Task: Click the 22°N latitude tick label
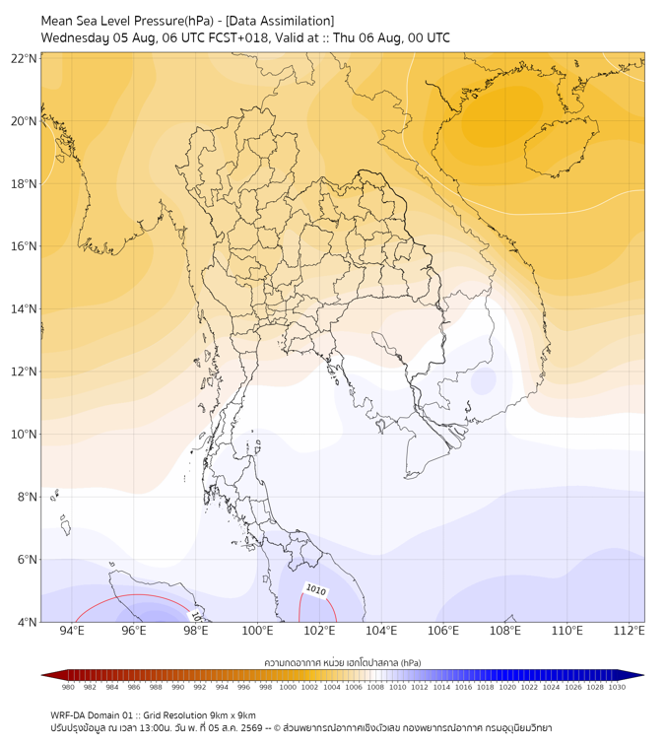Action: coord(24,58)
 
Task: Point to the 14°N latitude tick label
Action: coord(24,308)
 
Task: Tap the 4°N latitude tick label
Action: coord(27,622)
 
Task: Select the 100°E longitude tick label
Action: coord(257,631)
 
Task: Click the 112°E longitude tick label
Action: coord(629,631)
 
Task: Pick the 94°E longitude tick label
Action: coord(72,631)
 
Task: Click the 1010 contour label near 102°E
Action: coord(316,590)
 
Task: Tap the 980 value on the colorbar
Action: coord(68,687)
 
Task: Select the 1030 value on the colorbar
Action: coord(617,687)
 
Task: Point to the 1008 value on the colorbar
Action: coord(375,687)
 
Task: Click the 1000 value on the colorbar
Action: coord(288,687)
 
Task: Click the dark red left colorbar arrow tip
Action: coord(41,675)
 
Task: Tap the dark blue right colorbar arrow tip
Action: coord(643,675)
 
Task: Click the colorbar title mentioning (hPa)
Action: coord(343,662)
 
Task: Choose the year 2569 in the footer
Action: coord(252,728)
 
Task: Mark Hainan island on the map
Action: coord(561,146)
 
